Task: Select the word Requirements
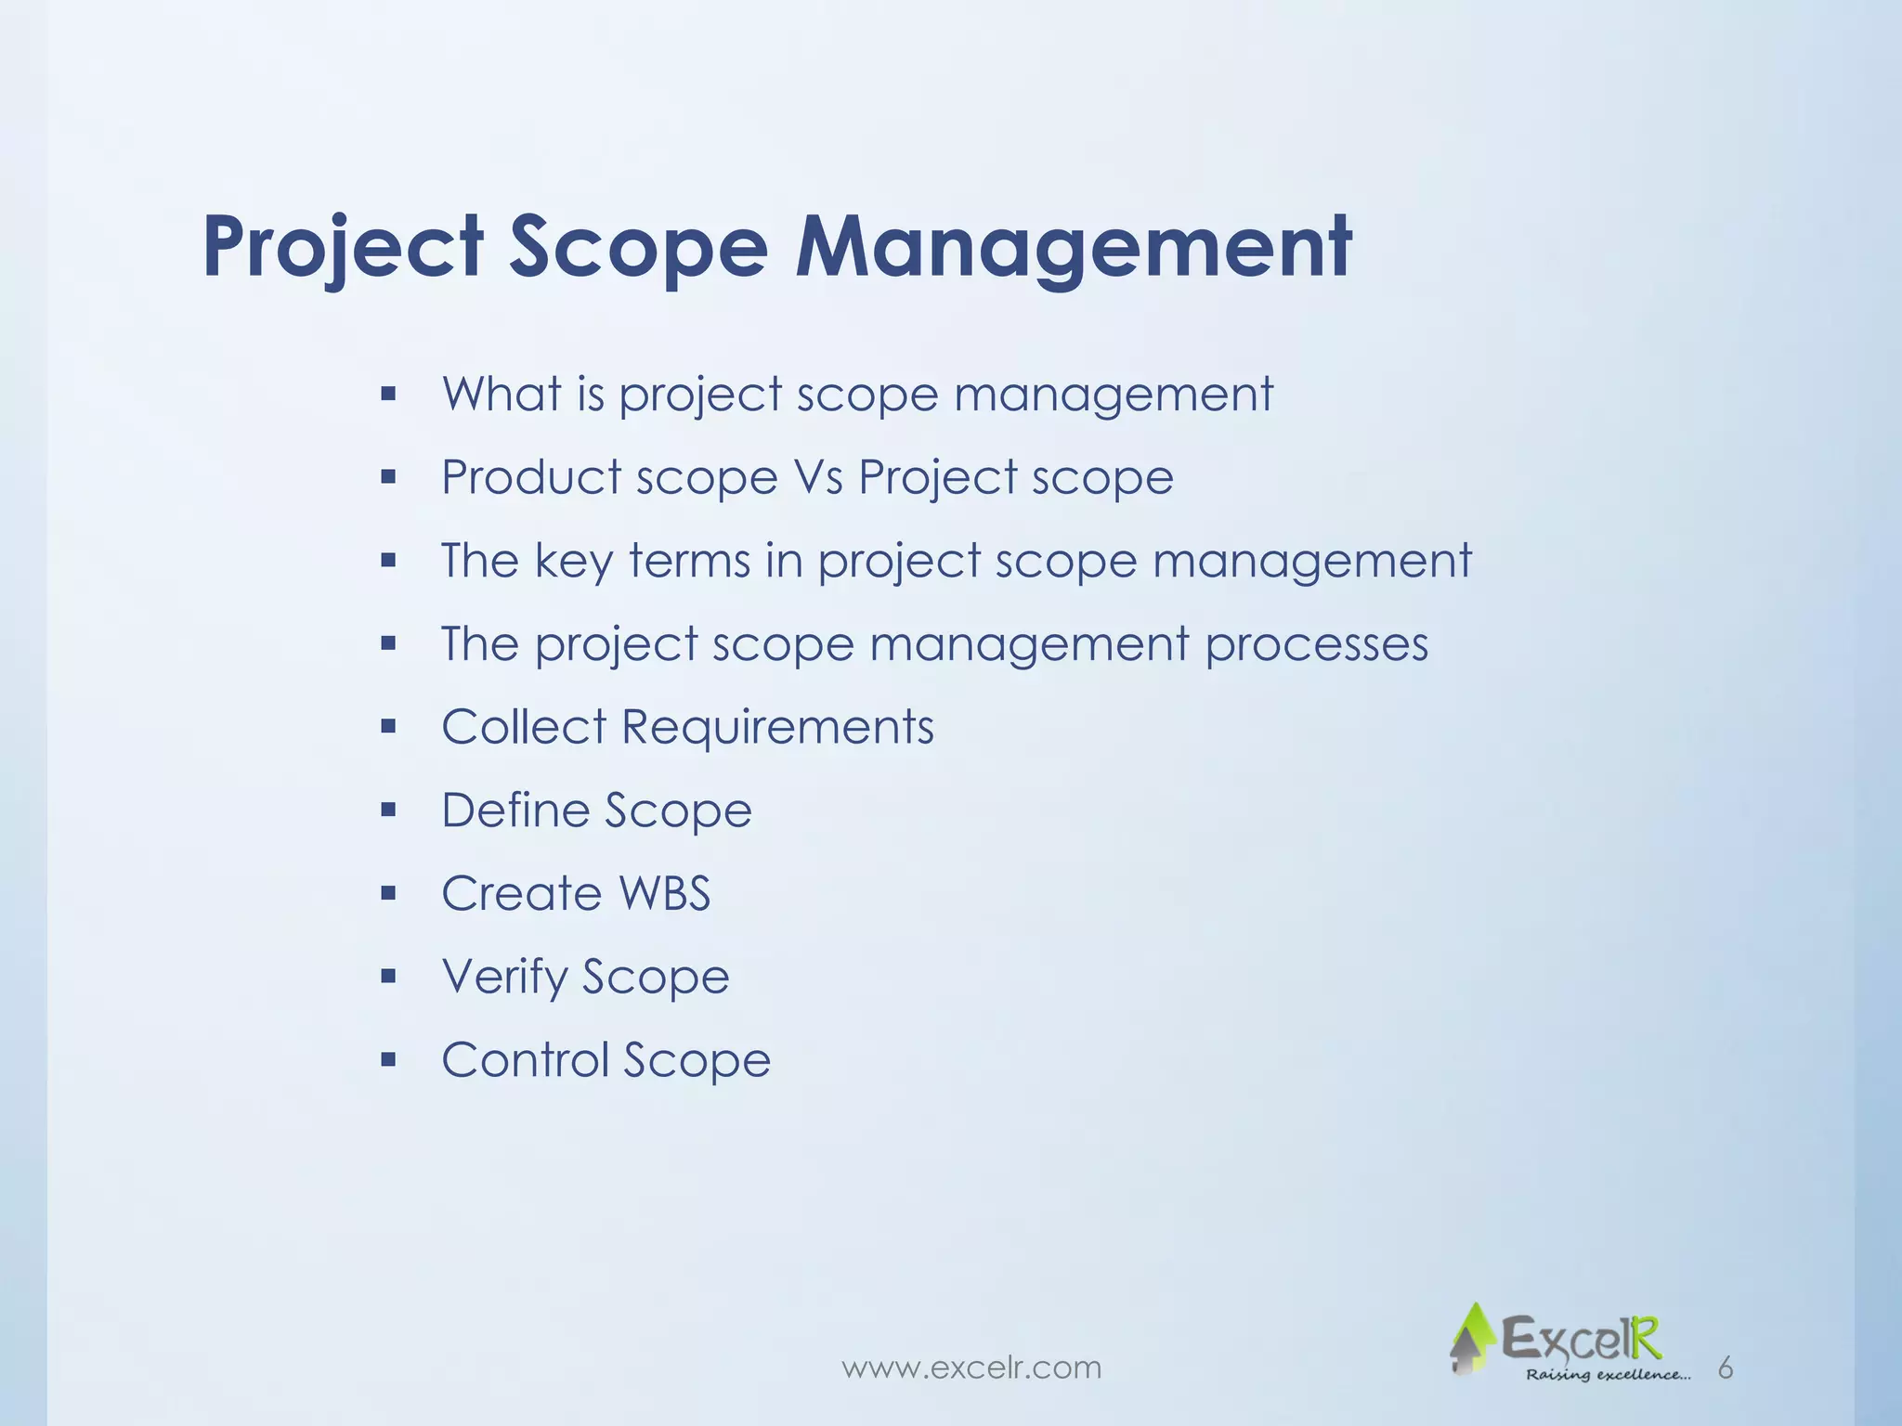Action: click(x=777, y=727)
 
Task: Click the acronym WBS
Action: click(x=664, y=894)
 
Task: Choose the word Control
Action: click(x=524, y=1060)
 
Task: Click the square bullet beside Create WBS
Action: click(x=388, y=894)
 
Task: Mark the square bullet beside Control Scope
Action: click(x=388, y=1060)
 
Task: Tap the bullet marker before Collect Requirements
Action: click(x=388, y=727)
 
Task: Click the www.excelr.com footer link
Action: click(x=971, y=1368)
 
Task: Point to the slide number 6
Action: click(x=1725, y=1368)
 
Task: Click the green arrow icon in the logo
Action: click(x=1471, y=1338)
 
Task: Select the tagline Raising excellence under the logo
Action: click(x=1608, y=1375)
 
